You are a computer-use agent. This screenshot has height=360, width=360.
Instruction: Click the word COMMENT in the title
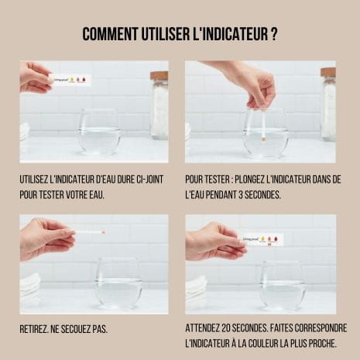point(110,33)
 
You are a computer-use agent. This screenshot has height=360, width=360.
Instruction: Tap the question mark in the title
point(274,33)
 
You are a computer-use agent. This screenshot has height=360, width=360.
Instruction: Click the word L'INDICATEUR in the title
point(231,33)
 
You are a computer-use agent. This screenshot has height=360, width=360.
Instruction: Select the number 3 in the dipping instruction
point(241,195)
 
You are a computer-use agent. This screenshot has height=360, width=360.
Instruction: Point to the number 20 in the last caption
point(225,328)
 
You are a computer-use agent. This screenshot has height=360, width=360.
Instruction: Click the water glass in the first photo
point(99,132)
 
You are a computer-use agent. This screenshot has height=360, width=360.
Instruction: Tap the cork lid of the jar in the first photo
point(159,75)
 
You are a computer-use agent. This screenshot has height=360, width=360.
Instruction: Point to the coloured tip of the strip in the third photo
point(103,232)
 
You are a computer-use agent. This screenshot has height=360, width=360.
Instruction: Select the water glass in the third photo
point(118,283)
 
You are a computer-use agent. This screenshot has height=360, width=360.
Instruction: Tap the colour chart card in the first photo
point(71,80)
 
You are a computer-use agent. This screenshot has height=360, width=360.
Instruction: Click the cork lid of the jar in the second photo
point(328,72)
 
